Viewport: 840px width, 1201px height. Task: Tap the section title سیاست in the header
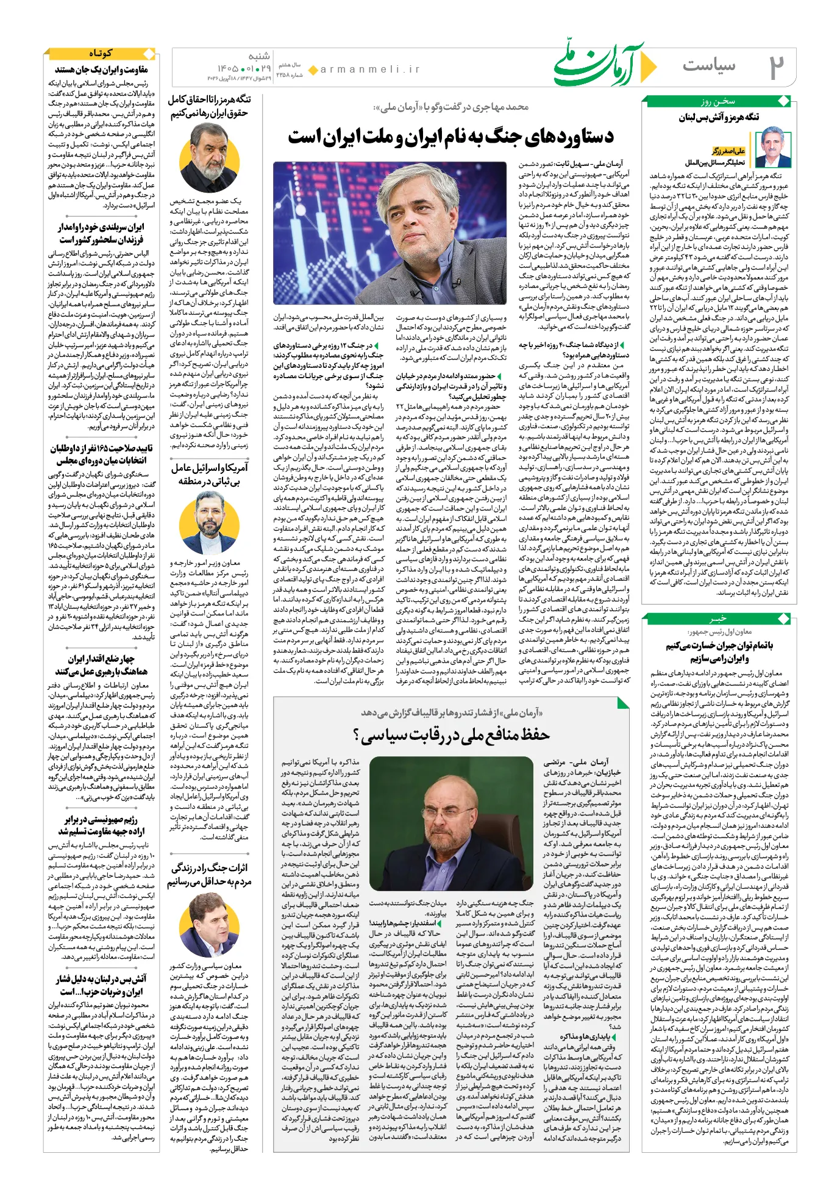coord(709,65)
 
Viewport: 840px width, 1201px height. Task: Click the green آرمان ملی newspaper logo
coord(600,63)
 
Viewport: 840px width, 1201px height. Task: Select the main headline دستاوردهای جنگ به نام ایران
coord(450,136)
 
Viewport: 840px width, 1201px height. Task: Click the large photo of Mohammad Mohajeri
coord(390,234)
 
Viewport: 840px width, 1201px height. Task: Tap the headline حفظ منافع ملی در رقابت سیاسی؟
coord(452,735)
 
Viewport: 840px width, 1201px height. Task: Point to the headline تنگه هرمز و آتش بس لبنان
coord(719,118)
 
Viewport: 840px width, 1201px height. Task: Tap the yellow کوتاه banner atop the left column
coord(101,54)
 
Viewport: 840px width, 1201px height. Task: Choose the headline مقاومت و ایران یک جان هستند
coord(101,70)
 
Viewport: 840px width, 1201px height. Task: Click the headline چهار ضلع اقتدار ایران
coord(101,665)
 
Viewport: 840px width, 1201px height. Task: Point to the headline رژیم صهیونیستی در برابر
coord(101,825)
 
